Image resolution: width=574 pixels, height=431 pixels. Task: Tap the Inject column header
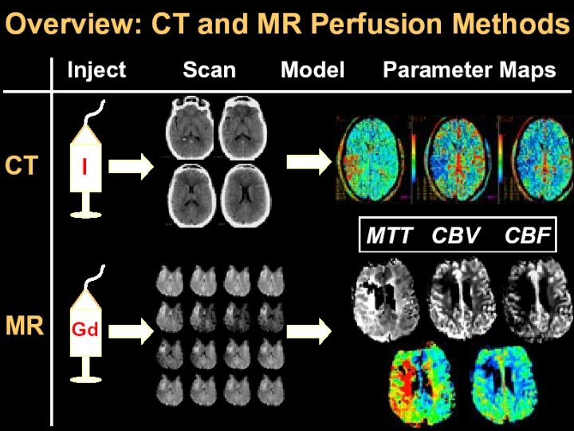[96, 70]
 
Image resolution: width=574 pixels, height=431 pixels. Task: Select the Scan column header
[209, 70]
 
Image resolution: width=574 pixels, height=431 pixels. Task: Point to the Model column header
[313, 70]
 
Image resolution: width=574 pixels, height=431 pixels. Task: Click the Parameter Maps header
[469, 70]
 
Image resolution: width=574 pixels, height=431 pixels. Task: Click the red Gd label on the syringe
[85, 328]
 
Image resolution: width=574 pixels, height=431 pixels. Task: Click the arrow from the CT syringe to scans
[131, 168]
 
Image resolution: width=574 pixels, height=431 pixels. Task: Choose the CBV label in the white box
[457, 236]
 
